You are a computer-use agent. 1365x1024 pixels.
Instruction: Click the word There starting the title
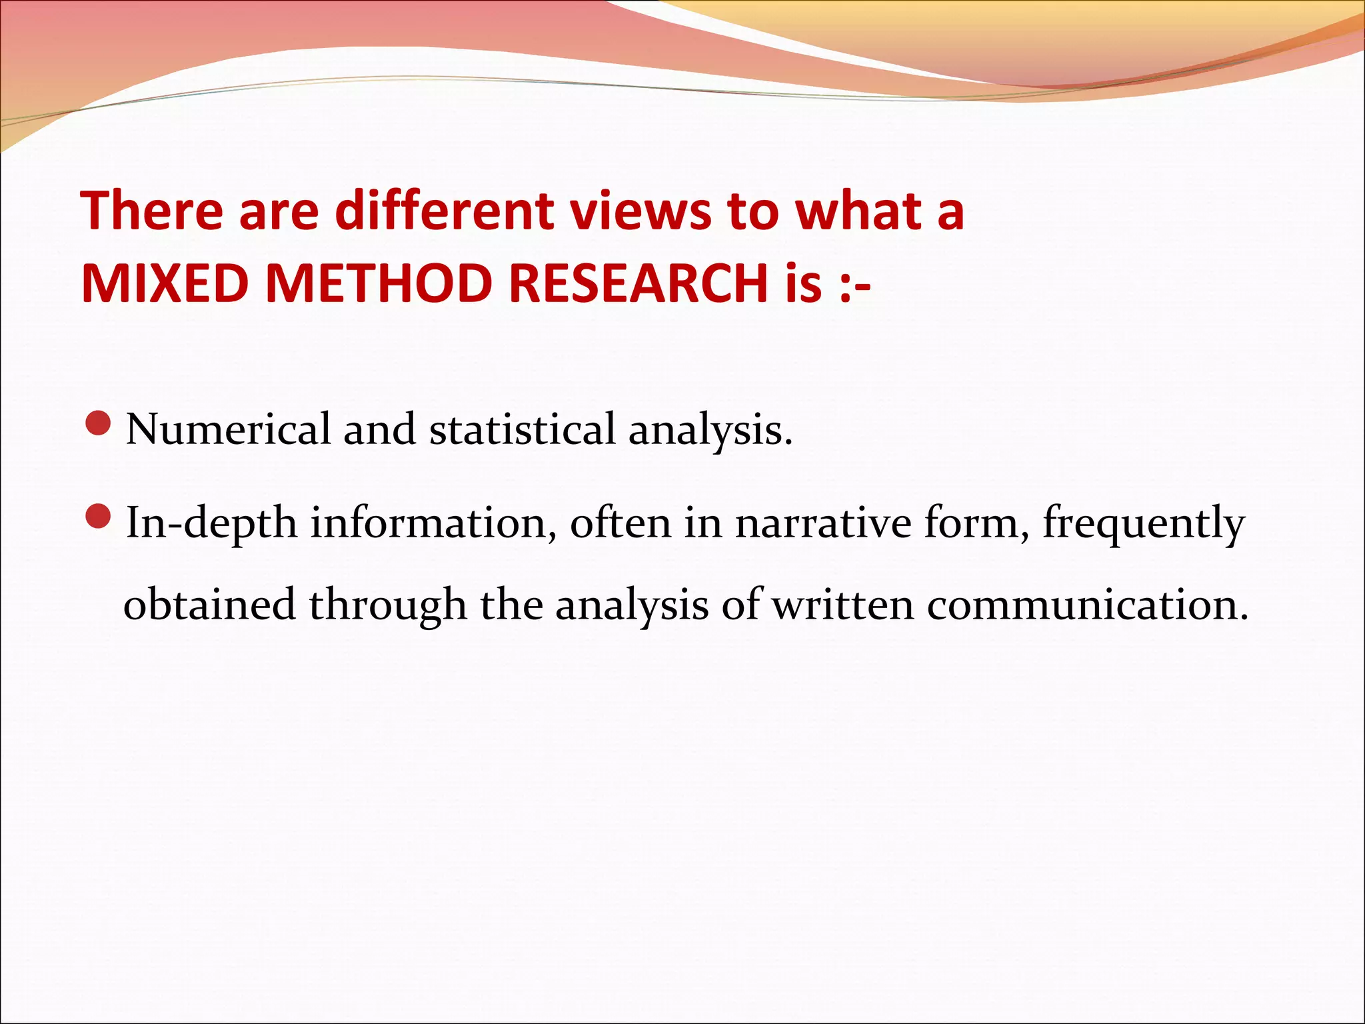pos(152,211)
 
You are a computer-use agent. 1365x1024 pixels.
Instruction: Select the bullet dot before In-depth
pos(99,516)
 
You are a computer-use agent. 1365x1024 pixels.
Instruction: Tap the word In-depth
pos(211,524)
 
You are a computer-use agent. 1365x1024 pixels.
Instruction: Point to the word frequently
pos(1144,524)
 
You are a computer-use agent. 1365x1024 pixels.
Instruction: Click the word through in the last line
pos(388,605)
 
